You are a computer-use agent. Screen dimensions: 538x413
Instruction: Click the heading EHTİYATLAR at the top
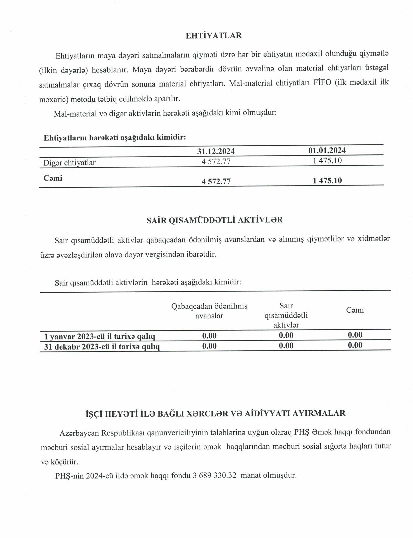point(213,36)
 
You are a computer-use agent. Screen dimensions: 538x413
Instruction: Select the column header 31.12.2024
point(216,151)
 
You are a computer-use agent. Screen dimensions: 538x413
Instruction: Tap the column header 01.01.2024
point(327,150)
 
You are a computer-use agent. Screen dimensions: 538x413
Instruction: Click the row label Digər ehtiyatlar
point(69,163)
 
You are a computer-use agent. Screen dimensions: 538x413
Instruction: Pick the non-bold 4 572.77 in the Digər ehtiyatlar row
point(216,162)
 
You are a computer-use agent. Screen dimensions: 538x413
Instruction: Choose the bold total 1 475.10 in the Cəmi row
point(327,181)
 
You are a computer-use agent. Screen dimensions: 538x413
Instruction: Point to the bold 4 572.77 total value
point(216,181)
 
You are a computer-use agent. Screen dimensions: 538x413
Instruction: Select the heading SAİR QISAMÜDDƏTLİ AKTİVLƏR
point(214,220)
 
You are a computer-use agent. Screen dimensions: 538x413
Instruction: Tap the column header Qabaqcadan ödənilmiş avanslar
point(209,311)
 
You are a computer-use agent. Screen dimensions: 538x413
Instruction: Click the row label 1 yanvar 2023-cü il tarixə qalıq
point(99,336)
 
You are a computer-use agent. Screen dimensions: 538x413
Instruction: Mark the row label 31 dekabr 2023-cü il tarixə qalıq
point(102,347)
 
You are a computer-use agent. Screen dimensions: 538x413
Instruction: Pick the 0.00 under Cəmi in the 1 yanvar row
point(355,335)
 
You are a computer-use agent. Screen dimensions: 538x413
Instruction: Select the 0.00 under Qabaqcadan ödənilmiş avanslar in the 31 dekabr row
point(209,346)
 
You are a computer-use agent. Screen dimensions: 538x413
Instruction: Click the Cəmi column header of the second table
point(355,310)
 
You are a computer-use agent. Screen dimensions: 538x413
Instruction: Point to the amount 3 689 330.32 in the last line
point(214,475)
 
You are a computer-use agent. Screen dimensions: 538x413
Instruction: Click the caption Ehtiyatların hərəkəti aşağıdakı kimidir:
point(115,137)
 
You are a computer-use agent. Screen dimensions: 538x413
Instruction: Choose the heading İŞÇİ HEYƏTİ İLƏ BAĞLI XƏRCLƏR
point(215,413)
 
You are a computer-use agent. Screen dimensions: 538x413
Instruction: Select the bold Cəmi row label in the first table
point(53,178)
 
